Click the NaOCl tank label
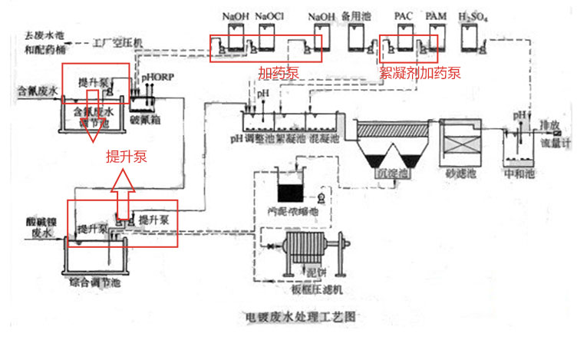[269, 15]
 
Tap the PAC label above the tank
[404, 15]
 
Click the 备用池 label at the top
[357, 15]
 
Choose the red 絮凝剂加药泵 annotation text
[420, 74]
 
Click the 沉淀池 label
[395, 175]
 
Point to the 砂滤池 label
[460, 175]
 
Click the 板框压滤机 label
[312, 289]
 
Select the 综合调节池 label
[95, 283]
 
